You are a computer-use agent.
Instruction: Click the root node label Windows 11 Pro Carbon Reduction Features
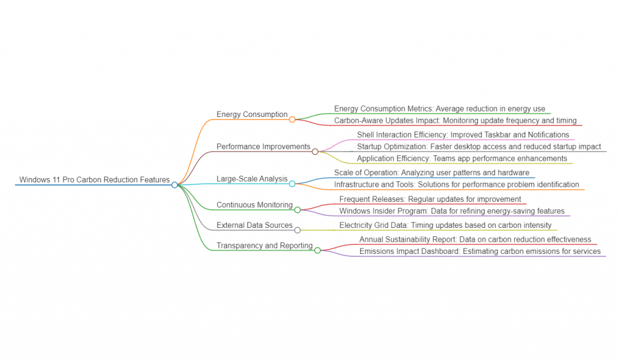point(94,180)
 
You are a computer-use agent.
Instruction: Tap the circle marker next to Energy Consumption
point(292,119)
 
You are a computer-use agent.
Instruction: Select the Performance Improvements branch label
point(263,147)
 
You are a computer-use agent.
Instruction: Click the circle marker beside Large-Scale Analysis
point(292,184)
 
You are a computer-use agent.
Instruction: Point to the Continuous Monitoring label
point(255,205)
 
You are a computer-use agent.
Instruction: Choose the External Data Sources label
point(255,225)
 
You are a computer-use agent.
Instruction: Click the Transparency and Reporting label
point(264,245)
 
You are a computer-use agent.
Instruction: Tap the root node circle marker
point(175,185)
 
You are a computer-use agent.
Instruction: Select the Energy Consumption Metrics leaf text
point(440,109)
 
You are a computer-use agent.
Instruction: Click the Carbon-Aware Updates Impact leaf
point(455,121)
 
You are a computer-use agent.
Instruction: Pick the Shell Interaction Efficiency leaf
point(463,135)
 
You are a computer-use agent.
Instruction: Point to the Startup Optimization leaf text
point(479,147)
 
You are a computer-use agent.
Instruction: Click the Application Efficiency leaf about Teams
point(462,159)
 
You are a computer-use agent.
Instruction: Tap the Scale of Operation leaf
point(432,173)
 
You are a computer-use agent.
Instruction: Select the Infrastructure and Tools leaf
point(457,184)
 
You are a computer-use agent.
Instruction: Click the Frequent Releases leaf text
point(430,199)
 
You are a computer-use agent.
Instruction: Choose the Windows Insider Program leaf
point(452,211)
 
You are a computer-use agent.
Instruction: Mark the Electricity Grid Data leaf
point(445,225)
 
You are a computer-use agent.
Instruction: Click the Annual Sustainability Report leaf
point(475,239)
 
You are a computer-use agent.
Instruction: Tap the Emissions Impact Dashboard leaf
point(480,252)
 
